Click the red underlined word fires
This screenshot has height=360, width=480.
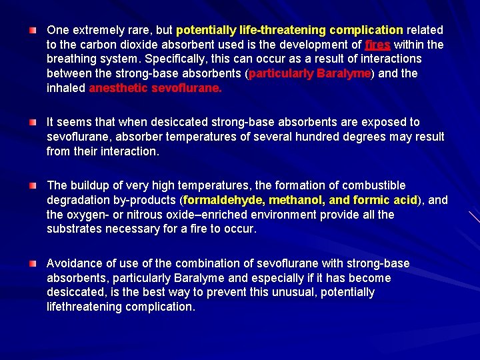click(379, 45)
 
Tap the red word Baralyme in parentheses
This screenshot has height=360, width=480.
click(343, 74)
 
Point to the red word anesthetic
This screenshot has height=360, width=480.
click(118, 89)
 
